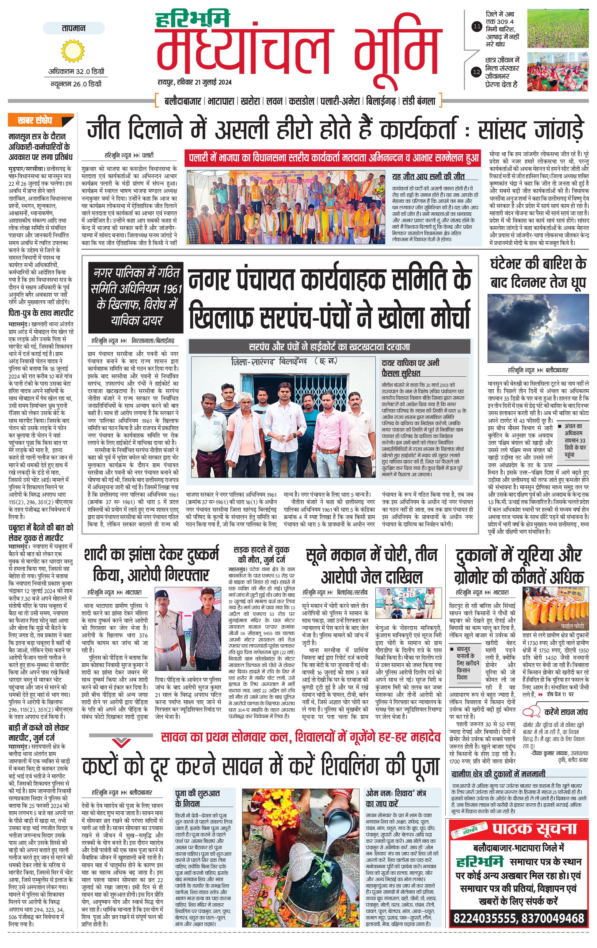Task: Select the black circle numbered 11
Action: pyautogui.click(x=477, y=27)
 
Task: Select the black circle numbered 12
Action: pyautogui.click(x=477, y=72)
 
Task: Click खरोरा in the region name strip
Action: pyautogui.click(x=250, y=101)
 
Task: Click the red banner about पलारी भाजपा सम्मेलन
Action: pyautogui.click(x=334, y=159)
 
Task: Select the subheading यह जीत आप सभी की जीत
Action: pyautogui.click(x=428, y=176)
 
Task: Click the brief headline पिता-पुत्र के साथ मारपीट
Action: pyautogui.click(x=41, y=313)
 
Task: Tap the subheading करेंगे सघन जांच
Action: pyautogui.click(x=566, y=712)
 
